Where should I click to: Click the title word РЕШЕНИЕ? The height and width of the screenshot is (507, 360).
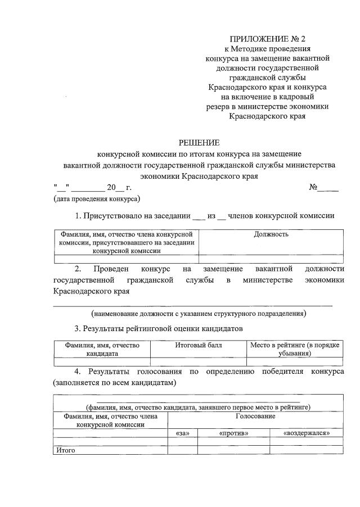click(199, 143)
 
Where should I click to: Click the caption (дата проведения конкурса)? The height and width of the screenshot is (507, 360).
click(97, 199)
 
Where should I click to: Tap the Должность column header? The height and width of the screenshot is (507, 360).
click(271, 234)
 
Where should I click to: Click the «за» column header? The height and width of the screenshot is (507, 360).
click(182, 433)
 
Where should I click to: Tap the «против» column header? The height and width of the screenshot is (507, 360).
click(233, 433)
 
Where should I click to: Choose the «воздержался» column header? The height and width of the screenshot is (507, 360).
click(307, 433)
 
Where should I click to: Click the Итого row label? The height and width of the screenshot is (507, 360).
click(64, 450)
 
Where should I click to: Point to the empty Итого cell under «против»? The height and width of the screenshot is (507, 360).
click(233, 450)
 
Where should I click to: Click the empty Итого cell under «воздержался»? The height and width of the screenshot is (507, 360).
click(307, 450)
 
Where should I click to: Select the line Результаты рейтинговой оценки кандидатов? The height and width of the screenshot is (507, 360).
click(159, 329)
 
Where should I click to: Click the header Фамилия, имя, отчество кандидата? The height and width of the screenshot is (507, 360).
click(102, 349)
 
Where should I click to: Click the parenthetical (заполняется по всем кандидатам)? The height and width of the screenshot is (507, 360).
click(115, 383)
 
